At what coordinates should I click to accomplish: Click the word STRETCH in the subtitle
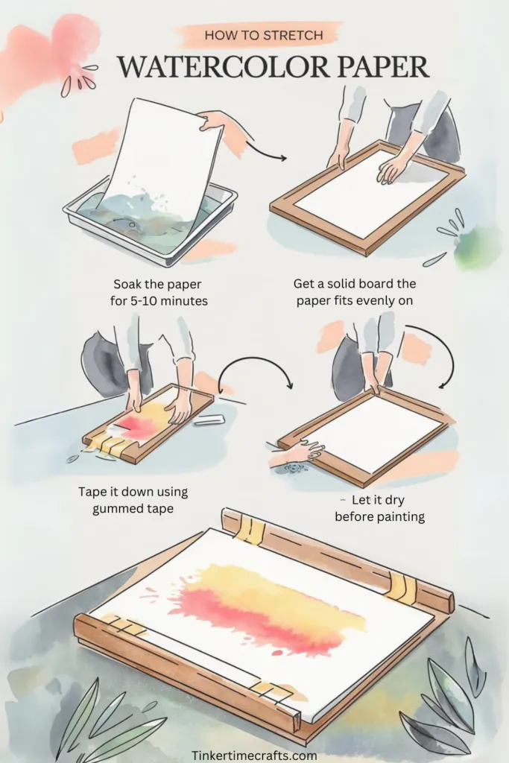294,36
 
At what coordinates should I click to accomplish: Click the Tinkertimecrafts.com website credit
255,756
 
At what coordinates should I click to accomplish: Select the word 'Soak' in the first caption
125,284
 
